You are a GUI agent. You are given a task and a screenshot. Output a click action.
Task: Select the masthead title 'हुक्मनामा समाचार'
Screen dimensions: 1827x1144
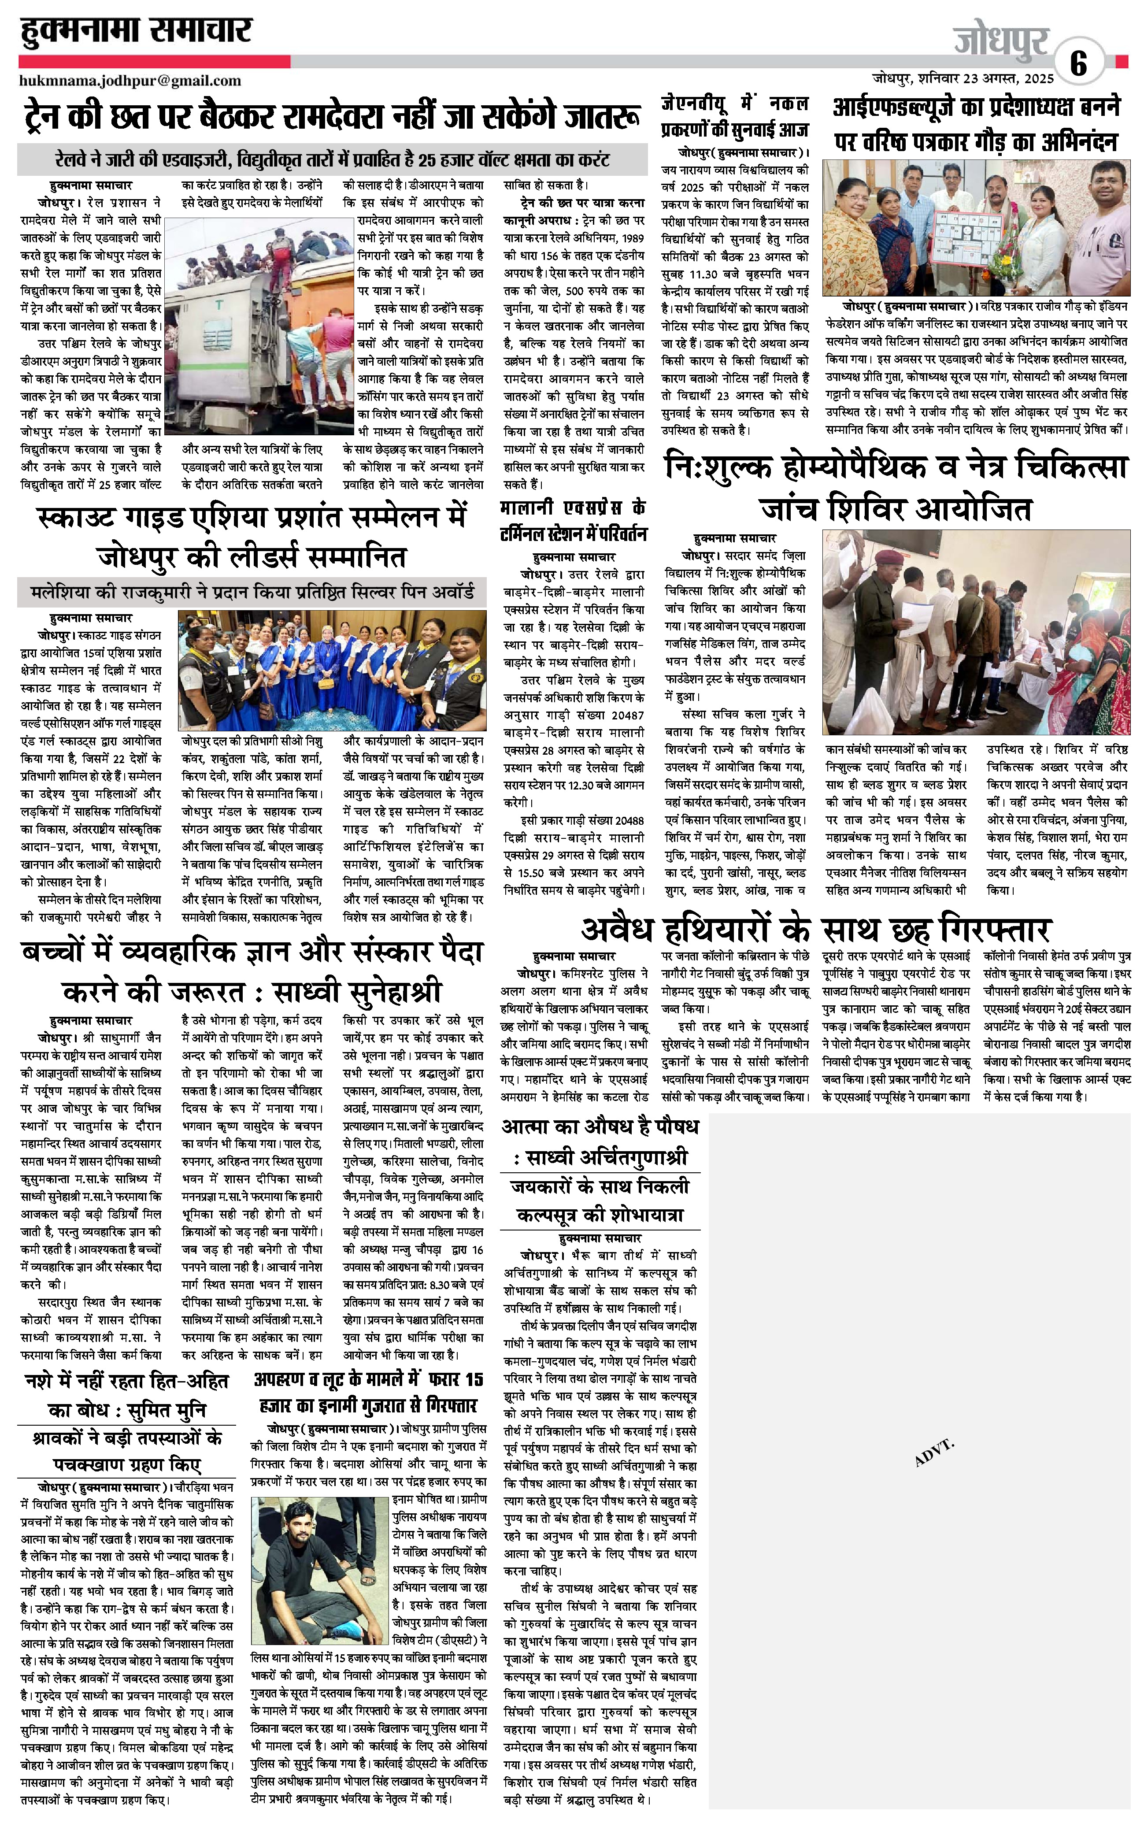[136, 32]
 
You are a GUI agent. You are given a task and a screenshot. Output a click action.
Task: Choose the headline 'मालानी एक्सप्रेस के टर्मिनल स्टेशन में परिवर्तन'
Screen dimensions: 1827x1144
[574, 520]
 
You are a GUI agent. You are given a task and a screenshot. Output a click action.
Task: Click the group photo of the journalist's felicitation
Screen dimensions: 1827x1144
[976, 229]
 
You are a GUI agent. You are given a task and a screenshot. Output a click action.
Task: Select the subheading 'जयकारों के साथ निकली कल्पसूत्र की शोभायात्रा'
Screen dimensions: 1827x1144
[599, 1201]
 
